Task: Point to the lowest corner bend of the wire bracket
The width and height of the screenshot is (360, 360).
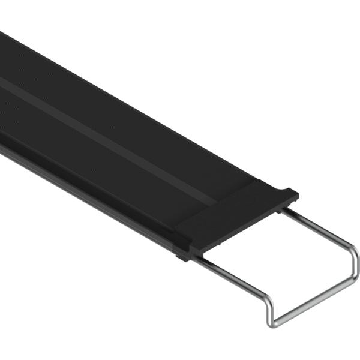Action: tap(272, 323)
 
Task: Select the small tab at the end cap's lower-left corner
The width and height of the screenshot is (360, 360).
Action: tap(180, 257)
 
